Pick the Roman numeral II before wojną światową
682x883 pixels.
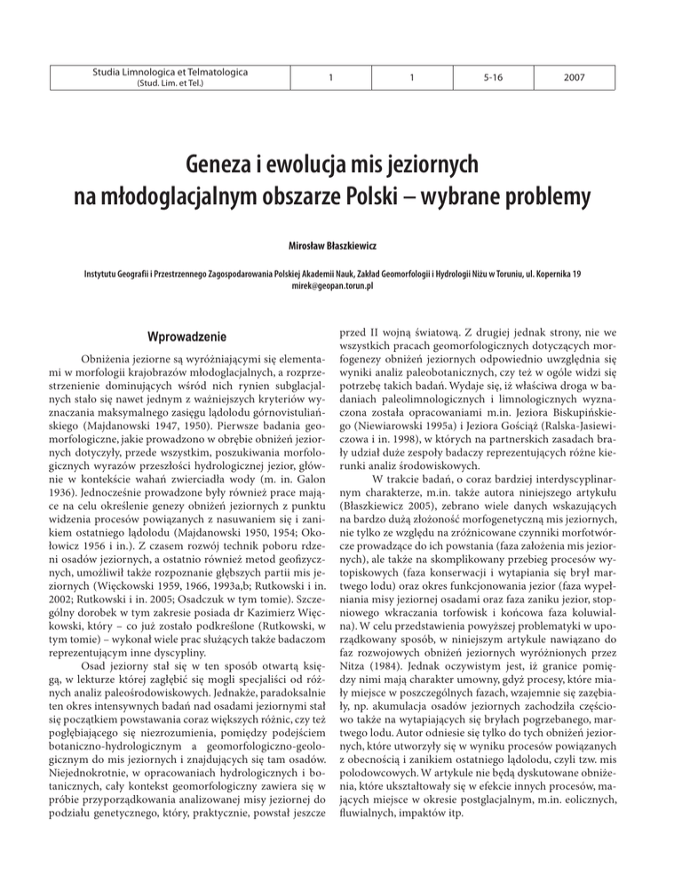point(391,331)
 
